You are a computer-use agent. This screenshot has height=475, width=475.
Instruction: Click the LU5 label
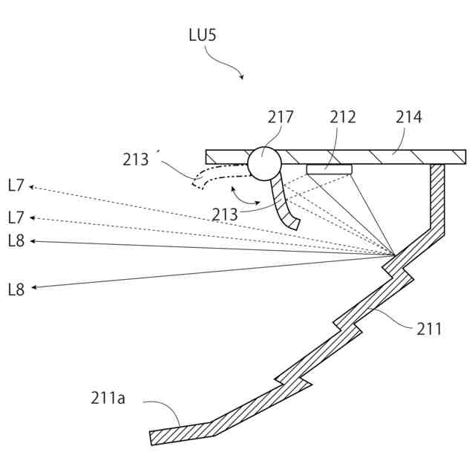[x=203, y=35]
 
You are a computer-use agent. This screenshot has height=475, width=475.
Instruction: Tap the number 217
[x=281, y=117]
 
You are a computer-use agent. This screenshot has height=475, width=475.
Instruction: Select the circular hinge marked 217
[x=264, y=163]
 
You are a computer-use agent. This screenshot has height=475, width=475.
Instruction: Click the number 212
[x=343, y=117]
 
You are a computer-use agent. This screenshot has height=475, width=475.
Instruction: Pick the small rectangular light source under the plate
[x=329, y=169]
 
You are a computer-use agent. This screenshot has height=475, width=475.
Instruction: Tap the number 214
[x=408, y=117]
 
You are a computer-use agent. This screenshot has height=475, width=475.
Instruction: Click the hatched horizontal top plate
[x=371, y=157]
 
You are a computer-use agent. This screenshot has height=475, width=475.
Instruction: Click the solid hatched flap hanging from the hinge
[x=282, y=204]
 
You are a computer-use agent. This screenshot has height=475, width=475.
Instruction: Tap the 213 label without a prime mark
[x=225, y=214]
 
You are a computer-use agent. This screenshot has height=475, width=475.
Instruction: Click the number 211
[x=429, y=328]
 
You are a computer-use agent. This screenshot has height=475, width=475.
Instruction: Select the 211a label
[x=108, y=399]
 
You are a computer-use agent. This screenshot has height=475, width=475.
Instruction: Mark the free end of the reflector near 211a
[x=154, y=437]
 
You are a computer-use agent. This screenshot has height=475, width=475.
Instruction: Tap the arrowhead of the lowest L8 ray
[x=33, y=287]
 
